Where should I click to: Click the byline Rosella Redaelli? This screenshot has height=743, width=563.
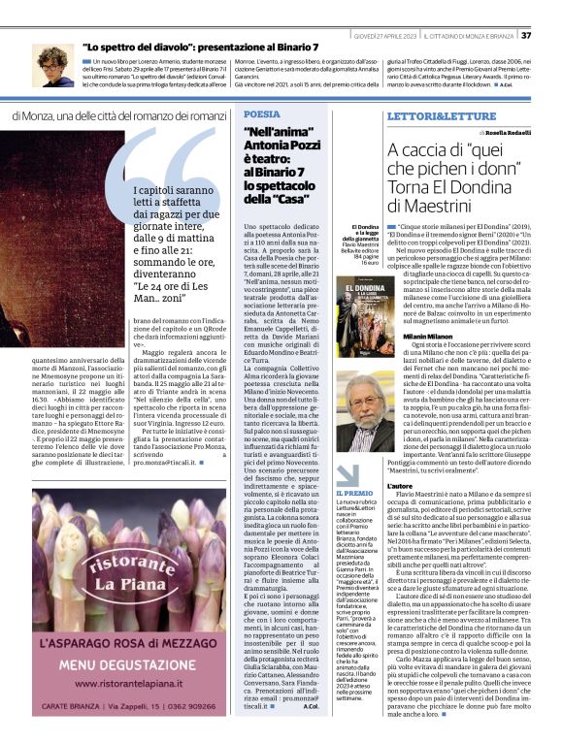502,133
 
